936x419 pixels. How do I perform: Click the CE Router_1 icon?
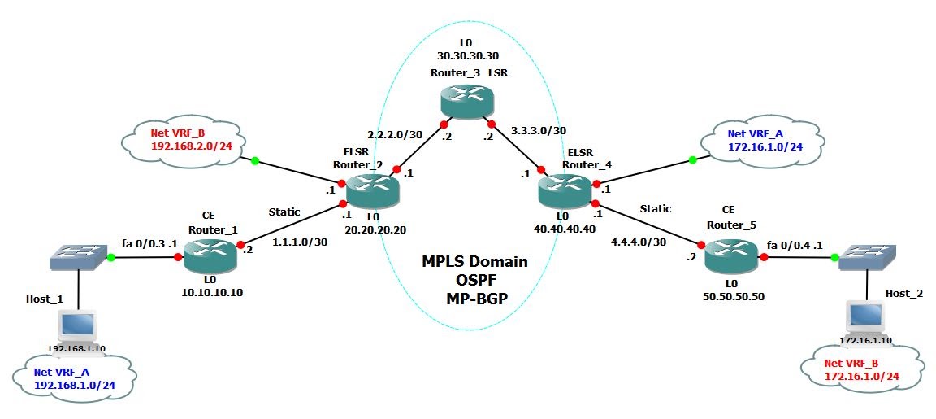[x=211, y=257]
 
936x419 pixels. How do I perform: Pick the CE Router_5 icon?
[x=730, y=257]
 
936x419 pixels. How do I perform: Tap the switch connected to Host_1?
[x=77, y=258]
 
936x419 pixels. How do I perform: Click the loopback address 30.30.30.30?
[x=466, y=55]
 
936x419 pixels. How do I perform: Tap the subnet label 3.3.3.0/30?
[x=539, y=129]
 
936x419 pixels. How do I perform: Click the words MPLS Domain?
[x=474, y=262]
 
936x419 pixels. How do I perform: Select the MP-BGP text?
[x=474, y=298]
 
